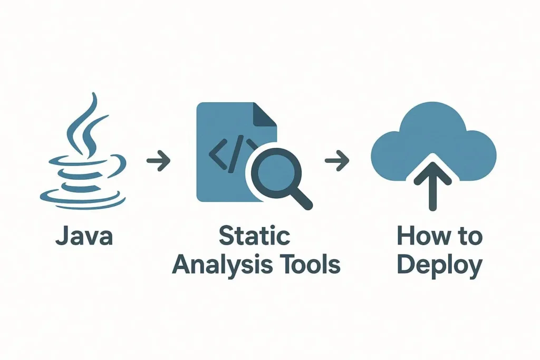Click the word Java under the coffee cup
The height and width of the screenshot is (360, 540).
(84, 237)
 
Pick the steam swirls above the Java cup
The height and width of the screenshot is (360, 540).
(87, 124)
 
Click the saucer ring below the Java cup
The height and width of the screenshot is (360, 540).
(83, 198)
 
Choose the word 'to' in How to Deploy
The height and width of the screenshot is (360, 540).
(468, 237)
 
